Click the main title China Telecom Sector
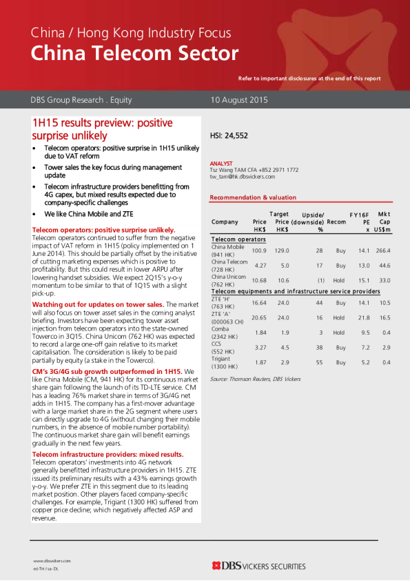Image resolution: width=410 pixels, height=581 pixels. pos(134,53)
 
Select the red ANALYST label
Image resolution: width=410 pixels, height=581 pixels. pos(221,163)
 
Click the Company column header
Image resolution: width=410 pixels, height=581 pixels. pos(225,222)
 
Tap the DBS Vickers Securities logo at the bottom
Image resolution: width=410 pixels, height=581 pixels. pos(258,566)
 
